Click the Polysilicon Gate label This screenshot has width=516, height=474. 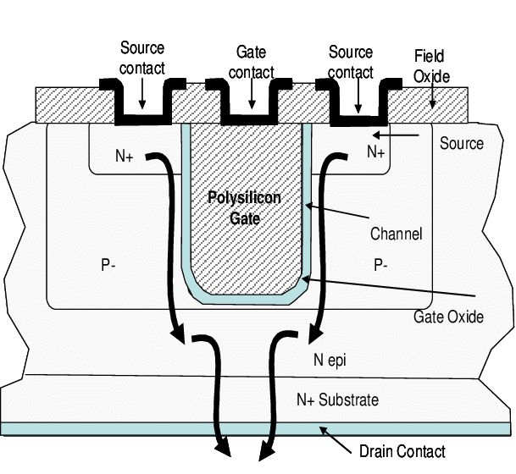point(244,207)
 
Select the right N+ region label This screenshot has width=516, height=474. point(375,152)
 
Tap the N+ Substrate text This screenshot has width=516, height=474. point(337,400)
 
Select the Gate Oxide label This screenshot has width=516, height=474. point(448,317)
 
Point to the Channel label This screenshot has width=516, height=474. point(396,233)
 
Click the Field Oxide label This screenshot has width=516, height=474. point(432,65)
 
